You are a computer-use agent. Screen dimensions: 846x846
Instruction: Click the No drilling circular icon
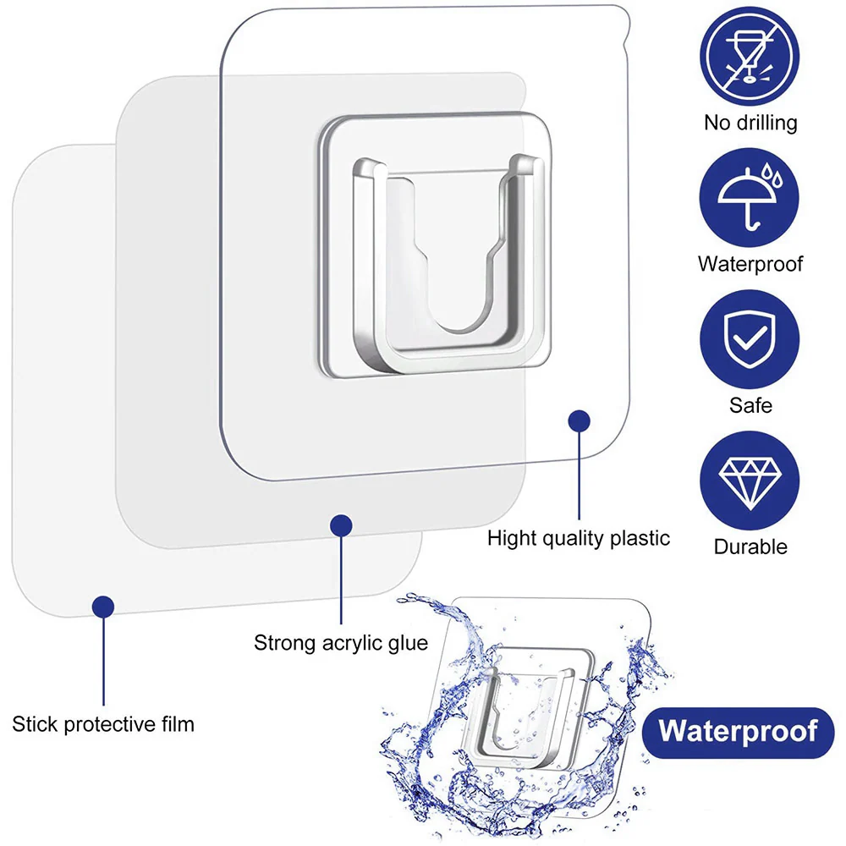pos(750,56)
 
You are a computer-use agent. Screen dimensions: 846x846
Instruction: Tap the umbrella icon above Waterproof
pos(750,198)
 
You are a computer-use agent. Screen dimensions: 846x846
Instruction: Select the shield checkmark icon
pos(750,339)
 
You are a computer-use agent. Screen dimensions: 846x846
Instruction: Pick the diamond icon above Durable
pos(750,481)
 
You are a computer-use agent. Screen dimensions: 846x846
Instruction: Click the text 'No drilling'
pos(750,123)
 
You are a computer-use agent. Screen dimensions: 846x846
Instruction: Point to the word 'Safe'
pos(750,405)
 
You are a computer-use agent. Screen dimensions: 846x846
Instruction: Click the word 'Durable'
pos(750,547)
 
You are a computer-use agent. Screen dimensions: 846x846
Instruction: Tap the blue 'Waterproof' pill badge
pos(738,732)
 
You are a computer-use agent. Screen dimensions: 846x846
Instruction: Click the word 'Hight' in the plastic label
pos(512,538)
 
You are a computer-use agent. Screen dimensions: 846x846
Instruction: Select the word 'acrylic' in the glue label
pos(350,643)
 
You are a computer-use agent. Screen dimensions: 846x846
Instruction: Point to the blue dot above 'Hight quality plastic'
pos(579,420)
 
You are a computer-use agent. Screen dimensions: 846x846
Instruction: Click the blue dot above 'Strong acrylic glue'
pos(341,525)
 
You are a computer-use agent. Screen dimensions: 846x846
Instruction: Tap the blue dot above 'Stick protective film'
pos(103,607)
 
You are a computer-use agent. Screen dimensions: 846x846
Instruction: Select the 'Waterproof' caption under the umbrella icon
pos(750,264)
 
